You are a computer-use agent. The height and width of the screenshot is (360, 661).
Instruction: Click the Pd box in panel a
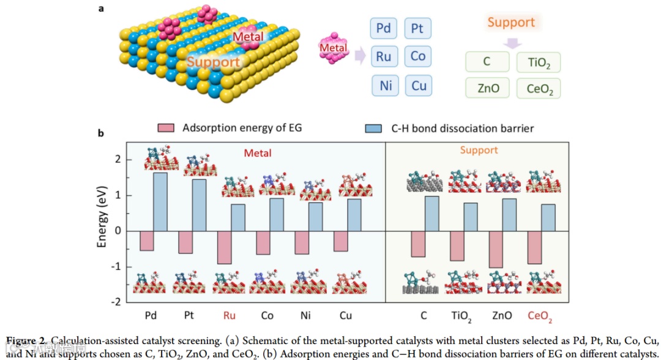tap(384, 28)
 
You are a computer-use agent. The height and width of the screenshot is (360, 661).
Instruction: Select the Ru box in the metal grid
tap(384, 56)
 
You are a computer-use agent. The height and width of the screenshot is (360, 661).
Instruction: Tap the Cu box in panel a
tap(419, 85)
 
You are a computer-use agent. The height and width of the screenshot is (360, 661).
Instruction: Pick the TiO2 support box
tap(539, 62)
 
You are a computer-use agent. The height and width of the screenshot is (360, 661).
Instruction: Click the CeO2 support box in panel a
tap(539, 89)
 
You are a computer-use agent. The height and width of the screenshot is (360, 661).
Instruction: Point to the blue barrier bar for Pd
tap(160, 202)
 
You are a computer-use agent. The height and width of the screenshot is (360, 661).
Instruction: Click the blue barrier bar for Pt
tap(200, 205)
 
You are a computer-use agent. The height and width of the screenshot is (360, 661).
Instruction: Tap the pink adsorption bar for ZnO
tap(496, 249)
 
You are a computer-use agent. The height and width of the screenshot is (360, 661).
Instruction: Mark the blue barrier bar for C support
tap(432, 214)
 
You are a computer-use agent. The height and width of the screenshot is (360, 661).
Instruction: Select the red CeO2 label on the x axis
tap(540, 317)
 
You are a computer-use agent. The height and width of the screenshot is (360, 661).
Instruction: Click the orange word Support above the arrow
tap(511, 23)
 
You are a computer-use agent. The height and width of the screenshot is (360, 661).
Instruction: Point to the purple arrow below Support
tap(512, 42)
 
